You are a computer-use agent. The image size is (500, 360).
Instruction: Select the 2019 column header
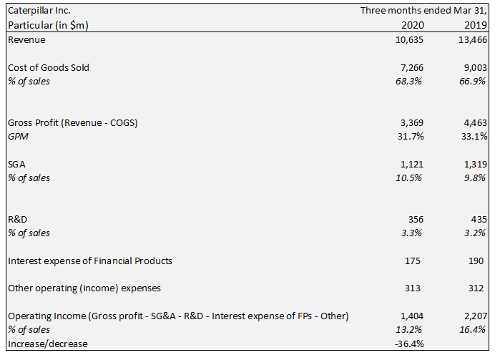tap(474, 25)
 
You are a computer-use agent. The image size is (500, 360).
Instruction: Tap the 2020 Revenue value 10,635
tap(408, 39)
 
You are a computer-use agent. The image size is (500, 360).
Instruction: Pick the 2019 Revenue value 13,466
tap(472, 39)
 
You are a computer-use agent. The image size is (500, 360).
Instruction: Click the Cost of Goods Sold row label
tap(49, 67)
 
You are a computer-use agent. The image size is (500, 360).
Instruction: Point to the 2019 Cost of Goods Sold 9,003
tap(475, 67)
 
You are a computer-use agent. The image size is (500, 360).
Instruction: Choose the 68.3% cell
tap(410, 81)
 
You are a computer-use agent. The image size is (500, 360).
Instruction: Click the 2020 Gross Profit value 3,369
tap(411, 122)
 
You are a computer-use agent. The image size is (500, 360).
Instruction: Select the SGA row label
tap(16, 164)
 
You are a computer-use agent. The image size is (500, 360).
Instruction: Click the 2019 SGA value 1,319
tap(475, 164)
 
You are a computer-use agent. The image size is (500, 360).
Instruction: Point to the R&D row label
tap(18, 219)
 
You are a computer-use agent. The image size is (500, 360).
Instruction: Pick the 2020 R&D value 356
tap(414, 219)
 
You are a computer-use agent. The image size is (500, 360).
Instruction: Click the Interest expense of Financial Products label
tap(90, 261)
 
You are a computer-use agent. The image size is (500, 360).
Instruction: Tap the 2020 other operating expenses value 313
tap(414, 288)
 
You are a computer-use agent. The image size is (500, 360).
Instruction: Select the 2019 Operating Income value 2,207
tap(475, 316)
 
